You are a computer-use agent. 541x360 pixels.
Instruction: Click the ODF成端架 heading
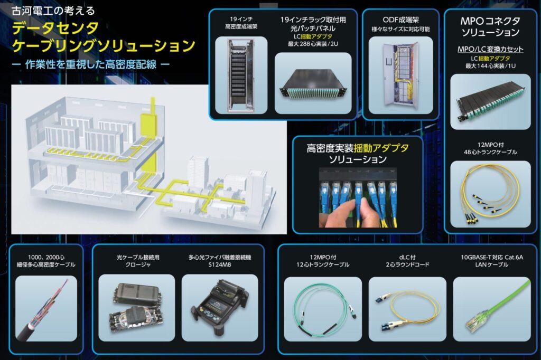pyautogui.click(x=400, y=20)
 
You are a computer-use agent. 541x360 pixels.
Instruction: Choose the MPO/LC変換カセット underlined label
pyautogui.click(x=490, y=49)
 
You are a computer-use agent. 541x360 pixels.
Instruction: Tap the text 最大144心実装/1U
pyautogui.click(x=490, y=66)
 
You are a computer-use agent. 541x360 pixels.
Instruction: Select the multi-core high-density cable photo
pyautogui.click(x=45, y=309)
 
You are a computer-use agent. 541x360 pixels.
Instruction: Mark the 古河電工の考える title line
pyautogui.click(x=48, y=11)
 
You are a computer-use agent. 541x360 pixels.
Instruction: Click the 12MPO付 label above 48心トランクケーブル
pyautogui.click(x=490, y=144)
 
